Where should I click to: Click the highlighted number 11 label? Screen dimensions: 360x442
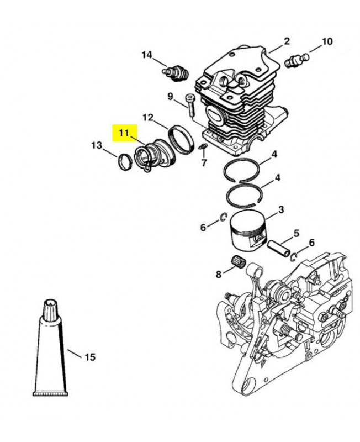pos(124,133)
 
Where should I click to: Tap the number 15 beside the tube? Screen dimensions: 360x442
pos(90,357)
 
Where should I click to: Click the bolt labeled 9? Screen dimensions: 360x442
pos(190,106)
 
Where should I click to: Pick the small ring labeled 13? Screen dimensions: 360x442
pos(125,162)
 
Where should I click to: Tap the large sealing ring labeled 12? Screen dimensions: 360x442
pos(181,140)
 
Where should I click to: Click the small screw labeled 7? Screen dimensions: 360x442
pos(203,146)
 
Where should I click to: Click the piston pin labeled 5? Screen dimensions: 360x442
pos(278,248)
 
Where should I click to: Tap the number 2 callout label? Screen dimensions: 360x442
pos(287,41)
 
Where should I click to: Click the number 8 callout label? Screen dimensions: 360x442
pos(219,274)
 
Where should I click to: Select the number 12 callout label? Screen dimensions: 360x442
pos(148,118)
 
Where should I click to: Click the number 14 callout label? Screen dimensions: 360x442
pos(146,55)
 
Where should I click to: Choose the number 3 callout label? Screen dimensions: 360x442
pos(281,210)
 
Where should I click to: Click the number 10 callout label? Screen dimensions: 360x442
pos(327,42)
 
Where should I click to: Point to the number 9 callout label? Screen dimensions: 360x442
pos(171,97)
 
